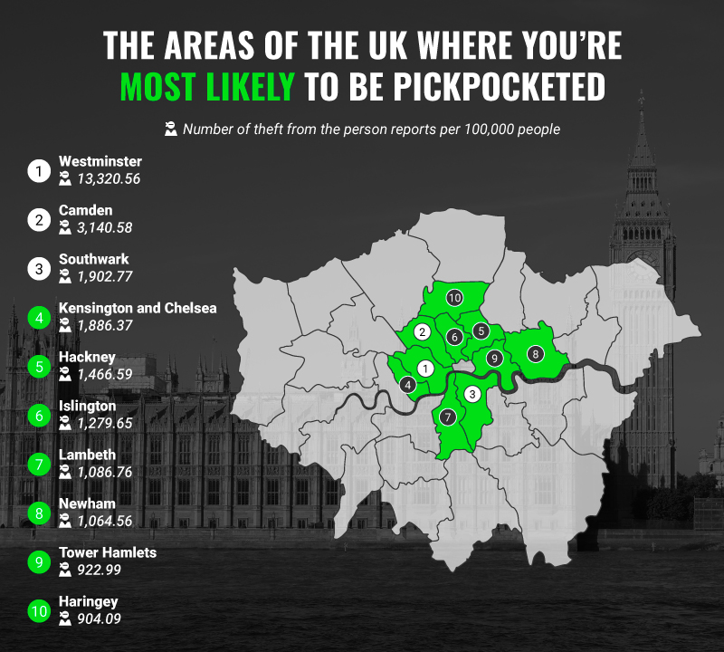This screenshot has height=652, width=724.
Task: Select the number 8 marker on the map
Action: point(535,353)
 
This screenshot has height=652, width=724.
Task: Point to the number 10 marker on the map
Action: point(454,297)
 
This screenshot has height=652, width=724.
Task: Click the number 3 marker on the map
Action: point(472,394)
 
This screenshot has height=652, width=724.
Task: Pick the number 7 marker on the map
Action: point(446,417)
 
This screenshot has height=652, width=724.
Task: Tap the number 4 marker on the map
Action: point(409,385)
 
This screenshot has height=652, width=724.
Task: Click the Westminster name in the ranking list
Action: point(100,161)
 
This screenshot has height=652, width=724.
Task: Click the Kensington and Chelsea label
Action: point(138,308)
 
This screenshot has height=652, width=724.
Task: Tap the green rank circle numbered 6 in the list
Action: point(38,415)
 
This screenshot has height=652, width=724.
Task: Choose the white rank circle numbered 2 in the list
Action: point(38,219)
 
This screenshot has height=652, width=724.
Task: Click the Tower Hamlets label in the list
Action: point(108,552)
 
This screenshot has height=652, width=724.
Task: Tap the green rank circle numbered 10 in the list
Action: point(38,611)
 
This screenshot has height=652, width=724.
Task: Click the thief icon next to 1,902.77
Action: point(65,276)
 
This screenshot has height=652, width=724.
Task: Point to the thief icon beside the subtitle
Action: point(170,129)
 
